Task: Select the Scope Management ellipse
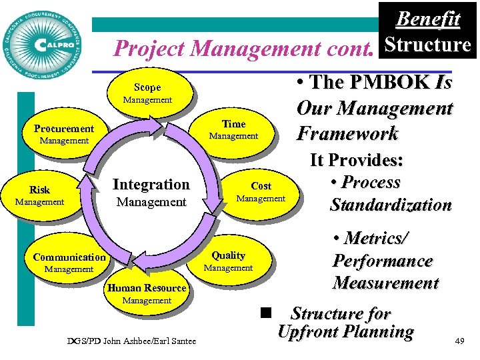tap(147, 93)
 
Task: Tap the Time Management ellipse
tap(233, 129)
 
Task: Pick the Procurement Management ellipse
tap(64, 134)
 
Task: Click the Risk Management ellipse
tap(39, 195)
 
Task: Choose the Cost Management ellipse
tap(261, 192)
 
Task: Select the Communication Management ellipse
tap(69, 263)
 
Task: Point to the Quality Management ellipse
tap(228, 261)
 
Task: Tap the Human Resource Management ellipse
tap(147, 294)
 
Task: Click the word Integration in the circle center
tap(151, 184)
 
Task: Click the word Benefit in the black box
tap(428, 19)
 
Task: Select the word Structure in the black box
tap(428, 45)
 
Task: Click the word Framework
tap(347, 133)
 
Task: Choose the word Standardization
tap(391, 205)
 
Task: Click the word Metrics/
tap(371, 238)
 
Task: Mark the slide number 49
tap(459, 341)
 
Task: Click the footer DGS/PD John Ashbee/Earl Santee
tap(132, 341)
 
